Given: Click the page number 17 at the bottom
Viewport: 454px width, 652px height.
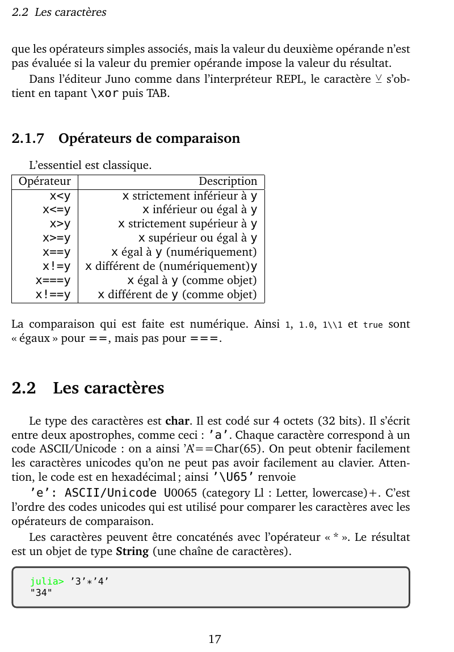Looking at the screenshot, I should click(215, 640).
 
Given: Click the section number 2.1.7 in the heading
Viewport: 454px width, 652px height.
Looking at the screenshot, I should click(28, 138).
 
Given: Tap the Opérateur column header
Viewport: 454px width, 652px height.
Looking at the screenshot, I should click(45, 181).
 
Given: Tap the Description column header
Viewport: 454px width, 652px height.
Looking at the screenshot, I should click(228, 181).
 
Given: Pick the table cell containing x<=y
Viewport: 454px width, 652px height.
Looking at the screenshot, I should click(56, 210).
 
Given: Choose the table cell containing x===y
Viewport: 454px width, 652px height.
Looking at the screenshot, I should click(53, 280).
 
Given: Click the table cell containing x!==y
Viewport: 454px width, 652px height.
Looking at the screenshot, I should click(53, 294).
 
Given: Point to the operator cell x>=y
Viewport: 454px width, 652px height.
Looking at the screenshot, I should click(56, 238).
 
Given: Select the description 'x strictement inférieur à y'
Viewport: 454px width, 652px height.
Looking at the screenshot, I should click(190, 196).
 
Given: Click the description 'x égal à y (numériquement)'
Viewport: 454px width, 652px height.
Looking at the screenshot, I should click(184, 252).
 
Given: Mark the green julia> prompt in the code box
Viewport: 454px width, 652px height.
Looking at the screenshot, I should click(47, 581).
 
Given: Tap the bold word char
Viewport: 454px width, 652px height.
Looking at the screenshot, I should click(176, 422).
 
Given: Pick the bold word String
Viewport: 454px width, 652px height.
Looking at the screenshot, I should click(132, 551).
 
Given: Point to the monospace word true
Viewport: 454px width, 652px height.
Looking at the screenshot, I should click(373, 325).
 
